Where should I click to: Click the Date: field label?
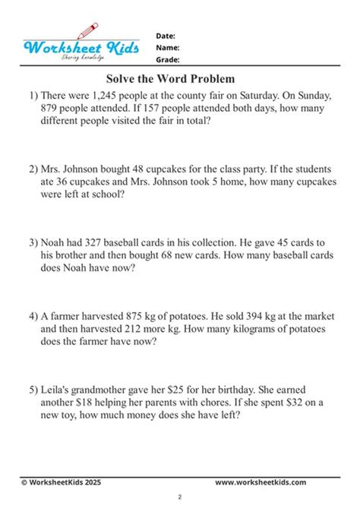coord(166,36)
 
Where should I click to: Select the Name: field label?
coord(167,47)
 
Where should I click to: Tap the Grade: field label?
coord(168,58)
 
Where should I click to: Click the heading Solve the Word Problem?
coord(171,78)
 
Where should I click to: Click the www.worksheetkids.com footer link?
coord(261,482)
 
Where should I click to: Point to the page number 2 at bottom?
coord(179,497)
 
